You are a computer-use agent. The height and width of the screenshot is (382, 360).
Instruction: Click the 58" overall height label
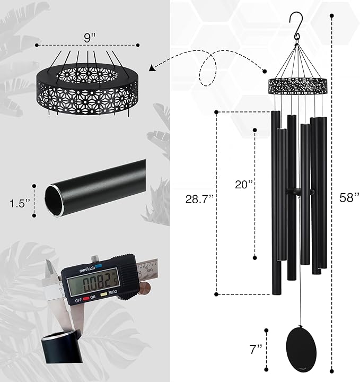(x=349, y=197)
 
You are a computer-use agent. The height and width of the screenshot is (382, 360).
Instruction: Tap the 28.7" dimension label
(x=199, y=199)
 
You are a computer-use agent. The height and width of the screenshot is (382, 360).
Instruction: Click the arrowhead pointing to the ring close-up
(x=153, y=67)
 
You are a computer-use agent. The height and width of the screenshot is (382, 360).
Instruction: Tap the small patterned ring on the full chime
(x=298, y=84)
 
